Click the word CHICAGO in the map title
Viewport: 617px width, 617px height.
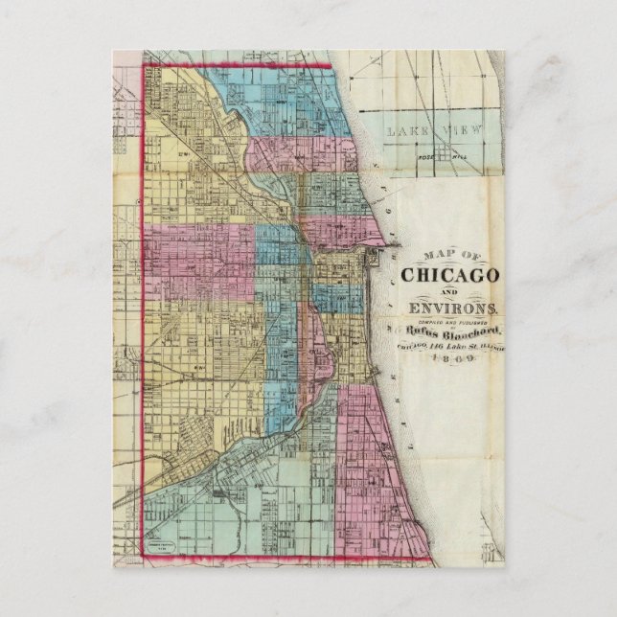click(x=448, y=274)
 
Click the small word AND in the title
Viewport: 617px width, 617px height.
click(x=448, y=291)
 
